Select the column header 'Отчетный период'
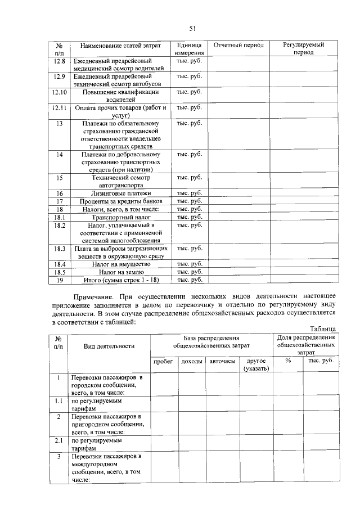pos(236,44)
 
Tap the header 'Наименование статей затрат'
pos(120,44)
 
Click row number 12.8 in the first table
pos(59,60)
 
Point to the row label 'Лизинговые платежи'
pos(120,193)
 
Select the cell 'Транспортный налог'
pos(120,217)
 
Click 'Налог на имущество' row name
pos(120,264)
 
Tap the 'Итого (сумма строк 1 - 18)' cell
pos(120,280)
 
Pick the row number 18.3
pos(59,248)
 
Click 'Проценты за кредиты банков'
pos(120,201)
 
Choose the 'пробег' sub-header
pos(163,361)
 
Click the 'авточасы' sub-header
pos(222,361)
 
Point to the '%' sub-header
pos(287,361)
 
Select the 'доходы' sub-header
pos(191,361)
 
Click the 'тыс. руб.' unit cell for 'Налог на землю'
pos(189,272)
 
